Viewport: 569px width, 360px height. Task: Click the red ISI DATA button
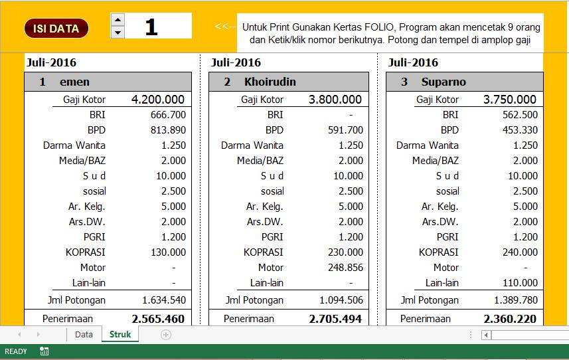(56, 29)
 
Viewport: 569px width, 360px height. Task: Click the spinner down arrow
(118, 33)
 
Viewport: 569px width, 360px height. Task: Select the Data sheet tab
(84, 334)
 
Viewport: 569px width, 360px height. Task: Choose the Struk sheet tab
(120, 334)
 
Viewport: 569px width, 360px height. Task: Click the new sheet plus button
(166, 335)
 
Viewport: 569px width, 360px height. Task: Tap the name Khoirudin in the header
(270, 82)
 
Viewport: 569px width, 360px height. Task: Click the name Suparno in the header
(443, 82)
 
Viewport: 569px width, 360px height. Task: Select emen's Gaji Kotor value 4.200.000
(158, 100)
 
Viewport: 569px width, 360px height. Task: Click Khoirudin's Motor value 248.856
(346, 268)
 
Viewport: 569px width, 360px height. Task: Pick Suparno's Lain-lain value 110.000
(520, 283)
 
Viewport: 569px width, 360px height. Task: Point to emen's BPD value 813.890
(168, 130)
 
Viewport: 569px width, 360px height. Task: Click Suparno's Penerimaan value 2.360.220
(510, 319)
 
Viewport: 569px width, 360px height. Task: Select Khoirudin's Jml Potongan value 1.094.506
(341, 300)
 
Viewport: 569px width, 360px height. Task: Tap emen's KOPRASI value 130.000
(169, 252)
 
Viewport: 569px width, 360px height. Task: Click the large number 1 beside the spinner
(151, 27)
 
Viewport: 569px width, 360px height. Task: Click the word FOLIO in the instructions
(379, 27)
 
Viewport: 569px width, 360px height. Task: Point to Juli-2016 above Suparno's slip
(413, 63)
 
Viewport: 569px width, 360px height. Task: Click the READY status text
(16, 351)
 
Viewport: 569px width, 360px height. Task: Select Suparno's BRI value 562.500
(521, 115)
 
